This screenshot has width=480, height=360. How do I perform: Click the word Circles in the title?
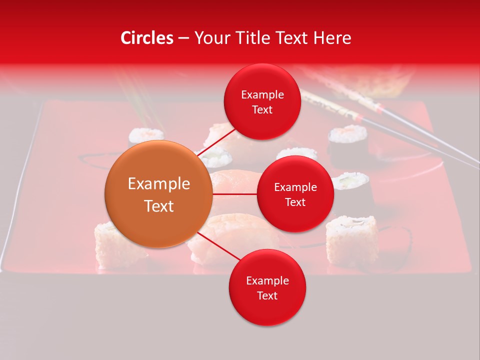147,38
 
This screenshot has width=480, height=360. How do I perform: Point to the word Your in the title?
212,38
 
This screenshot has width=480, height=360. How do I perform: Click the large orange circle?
158,194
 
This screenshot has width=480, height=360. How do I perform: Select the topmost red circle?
262,102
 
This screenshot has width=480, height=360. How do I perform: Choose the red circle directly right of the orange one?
295,194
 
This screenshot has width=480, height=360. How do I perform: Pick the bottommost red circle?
267,288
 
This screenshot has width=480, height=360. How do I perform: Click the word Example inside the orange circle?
158,184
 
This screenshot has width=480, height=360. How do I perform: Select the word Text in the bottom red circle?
267,295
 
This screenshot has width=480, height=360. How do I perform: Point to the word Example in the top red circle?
262,95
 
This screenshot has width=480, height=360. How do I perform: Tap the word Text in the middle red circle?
295,202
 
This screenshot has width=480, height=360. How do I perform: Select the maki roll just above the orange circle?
145,136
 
